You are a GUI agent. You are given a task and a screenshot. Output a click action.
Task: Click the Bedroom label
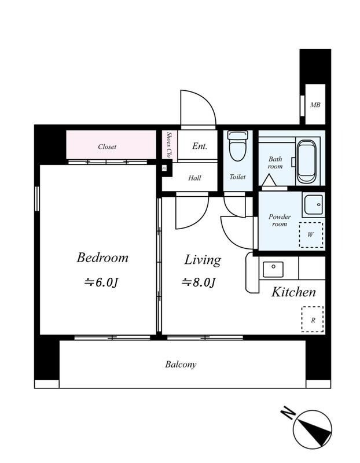(102, 258)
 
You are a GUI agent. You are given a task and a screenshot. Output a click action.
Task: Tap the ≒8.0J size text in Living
(198, 282)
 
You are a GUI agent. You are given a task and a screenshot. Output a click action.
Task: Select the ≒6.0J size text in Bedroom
(101, 282)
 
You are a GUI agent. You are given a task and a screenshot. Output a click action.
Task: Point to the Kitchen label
(293, 292)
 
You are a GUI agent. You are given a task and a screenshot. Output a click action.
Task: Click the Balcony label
(181, 365)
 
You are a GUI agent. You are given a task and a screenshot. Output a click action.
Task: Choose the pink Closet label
(107, 146)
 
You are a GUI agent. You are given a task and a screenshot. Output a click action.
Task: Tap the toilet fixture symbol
(238, 146)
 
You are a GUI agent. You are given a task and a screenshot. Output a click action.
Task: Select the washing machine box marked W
(311, 235)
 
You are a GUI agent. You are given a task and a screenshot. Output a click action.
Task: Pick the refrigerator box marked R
(313, 319)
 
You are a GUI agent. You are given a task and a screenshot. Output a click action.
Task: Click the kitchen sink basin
(273, 269)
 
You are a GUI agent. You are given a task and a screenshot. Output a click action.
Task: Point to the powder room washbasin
(313, 204)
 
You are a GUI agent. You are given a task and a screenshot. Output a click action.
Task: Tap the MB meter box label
(315, 105)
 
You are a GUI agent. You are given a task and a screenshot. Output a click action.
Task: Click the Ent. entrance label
(200, 146)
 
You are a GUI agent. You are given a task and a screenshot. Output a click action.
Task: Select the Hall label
(194, 178)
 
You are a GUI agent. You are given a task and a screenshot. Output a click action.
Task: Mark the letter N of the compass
(288, 413)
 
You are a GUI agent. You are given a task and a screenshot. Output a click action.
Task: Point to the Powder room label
(280, 221)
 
